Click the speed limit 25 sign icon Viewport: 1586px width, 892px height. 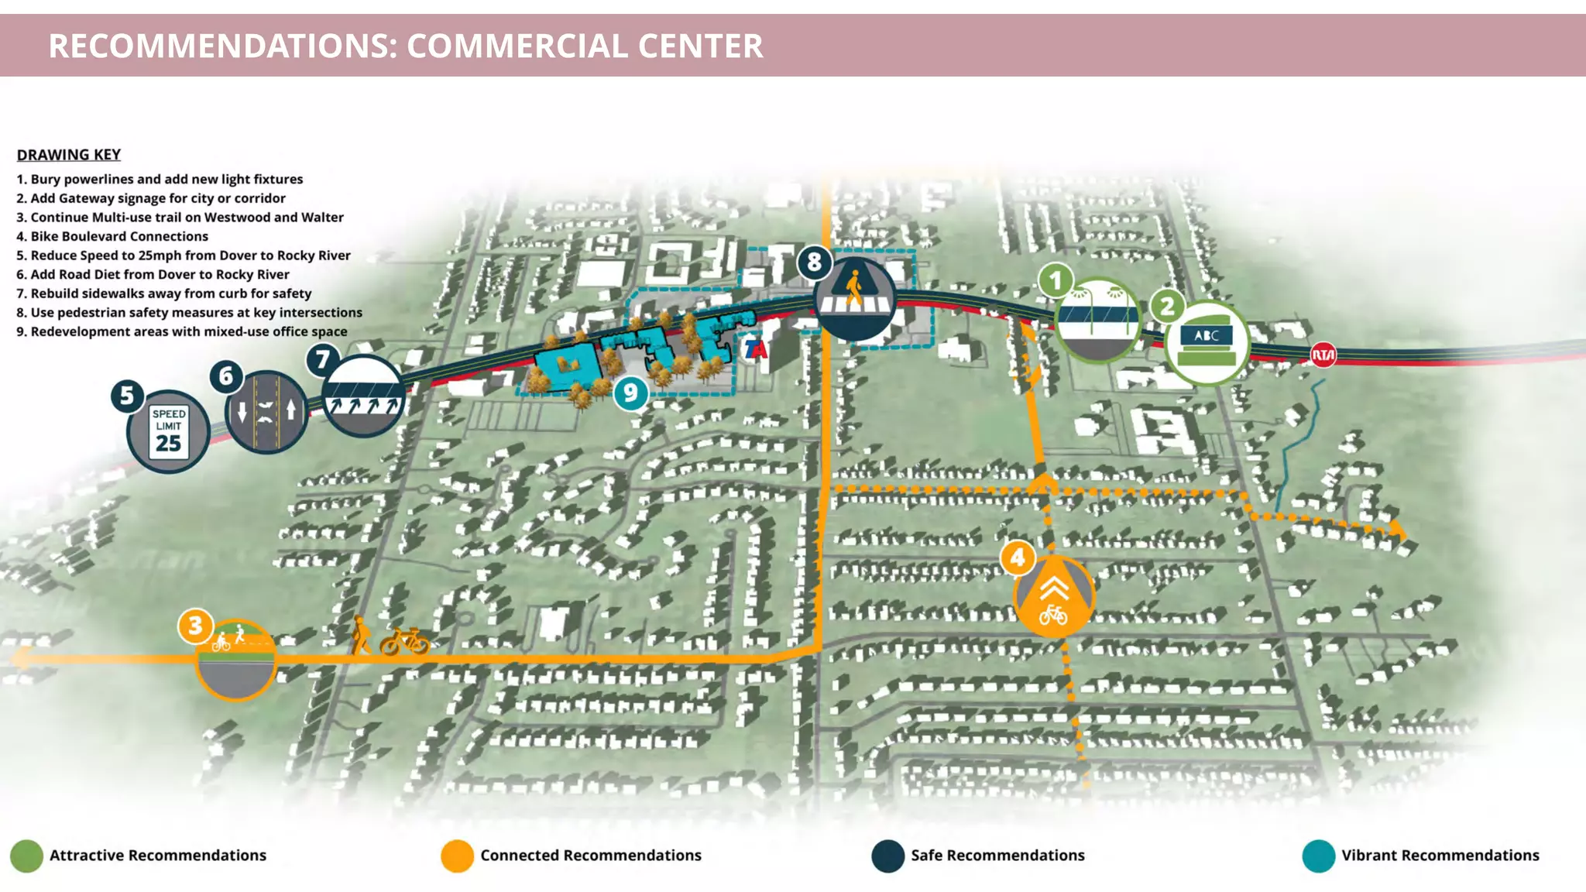(168, 431)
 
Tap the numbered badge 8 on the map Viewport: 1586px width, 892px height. (814, 262)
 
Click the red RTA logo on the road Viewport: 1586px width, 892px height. (1323, 355)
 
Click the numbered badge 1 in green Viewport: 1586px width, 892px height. (1055, 280)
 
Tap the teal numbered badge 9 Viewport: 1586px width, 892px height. (630, 393)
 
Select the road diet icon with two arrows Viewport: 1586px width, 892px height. (266, 411)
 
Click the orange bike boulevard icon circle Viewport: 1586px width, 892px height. (1053, 596)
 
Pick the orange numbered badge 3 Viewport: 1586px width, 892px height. (195, 625)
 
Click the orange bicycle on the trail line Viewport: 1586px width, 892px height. (404, 641)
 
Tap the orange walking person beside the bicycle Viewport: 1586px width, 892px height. (360, 636)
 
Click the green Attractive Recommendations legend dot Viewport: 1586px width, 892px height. (26, 856)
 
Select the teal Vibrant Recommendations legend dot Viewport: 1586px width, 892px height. (1318, 856)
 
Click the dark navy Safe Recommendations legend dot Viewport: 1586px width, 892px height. (887, 856)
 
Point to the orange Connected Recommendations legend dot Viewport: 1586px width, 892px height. (457, 856)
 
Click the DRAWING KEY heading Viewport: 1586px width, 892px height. (69, 155)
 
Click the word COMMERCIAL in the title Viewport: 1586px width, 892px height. (517, 46)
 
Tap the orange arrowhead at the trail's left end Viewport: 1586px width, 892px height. (20, 658)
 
